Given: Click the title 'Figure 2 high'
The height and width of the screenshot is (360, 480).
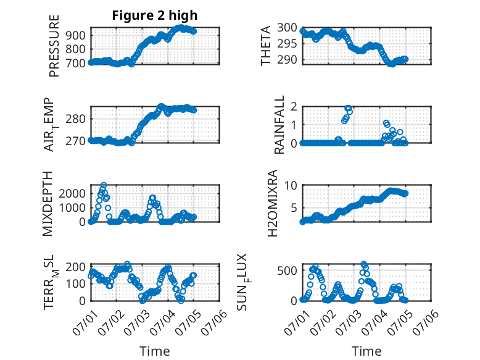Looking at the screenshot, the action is (x=155, y=15).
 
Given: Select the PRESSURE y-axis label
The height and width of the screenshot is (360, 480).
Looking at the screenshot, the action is (x=54, y=46).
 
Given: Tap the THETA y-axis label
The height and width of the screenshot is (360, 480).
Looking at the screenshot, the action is (x=266, y=46).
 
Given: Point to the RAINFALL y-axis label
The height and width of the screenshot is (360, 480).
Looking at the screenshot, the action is (x=279, y=125).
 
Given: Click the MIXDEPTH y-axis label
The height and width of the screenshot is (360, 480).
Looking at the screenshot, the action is (x=48, y=204).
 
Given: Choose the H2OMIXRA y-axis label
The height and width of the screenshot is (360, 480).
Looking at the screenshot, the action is (x=273, y=203).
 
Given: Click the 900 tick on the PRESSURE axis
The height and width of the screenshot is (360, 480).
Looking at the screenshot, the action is (x=76, y=35).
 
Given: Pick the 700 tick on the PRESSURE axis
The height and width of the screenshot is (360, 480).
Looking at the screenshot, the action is (x=76, y=63).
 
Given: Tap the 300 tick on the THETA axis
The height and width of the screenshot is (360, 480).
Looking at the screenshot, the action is (x=287, y=28).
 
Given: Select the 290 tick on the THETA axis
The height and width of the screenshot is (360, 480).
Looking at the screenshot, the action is (x=287, y=60).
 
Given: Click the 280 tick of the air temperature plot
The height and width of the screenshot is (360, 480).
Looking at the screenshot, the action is (x=76, y=119).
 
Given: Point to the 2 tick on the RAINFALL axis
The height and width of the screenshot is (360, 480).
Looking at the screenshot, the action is (x=294, y=107).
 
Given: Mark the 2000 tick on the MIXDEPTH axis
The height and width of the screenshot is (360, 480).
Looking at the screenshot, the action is (x=72, y=194).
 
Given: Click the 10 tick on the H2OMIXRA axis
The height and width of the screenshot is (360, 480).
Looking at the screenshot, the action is (x=291, y=185).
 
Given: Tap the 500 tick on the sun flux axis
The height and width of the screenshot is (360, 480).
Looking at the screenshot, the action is (x=287, y=270).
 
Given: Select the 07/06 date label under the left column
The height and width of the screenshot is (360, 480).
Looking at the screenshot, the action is (x=214, y=322).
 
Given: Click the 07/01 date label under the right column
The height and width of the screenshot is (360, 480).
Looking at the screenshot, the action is (x=297, y=322).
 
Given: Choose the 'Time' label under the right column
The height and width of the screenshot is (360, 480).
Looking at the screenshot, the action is (x=366, y=351).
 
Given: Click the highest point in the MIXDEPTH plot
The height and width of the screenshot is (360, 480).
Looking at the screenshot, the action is (x=104, y=185).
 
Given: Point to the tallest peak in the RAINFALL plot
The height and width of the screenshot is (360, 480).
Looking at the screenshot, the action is (x=348, y=108).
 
